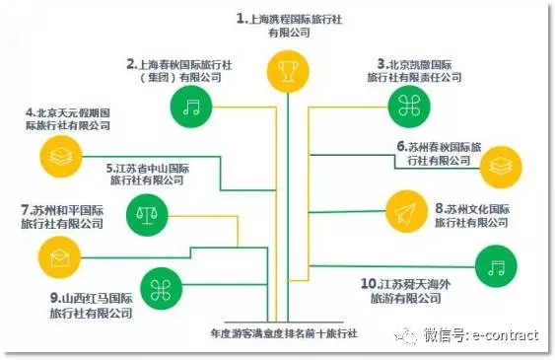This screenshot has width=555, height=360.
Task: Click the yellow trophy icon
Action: pyautogui.click(x=288, y=71)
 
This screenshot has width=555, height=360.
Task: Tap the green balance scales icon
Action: pyautogui.click(x=147, y=215)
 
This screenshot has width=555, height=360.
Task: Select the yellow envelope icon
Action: pyautogui.click(x=59, y=257)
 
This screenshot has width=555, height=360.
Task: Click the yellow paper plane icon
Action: pyautogui.click(x=406, y=212)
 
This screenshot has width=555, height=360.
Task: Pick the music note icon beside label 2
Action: pyautogui.click(x=191, y=107)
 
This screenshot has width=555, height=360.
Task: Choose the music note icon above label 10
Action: pyautogui.click(x=496, y=266)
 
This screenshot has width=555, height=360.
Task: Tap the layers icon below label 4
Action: pyautogui.click(x=61, y=156)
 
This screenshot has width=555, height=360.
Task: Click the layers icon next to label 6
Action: pyautogui.click(x=501, y=167)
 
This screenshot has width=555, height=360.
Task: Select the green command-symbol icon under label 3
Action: pyautogui.click(x=409, y=107)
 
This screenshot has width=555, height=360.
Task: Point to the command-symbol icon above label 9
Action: pyautogui.click(x=161, y=289)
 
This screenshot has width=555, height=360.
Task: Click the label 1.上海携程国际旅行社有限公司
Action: pyautogui.click(x=289, y=25)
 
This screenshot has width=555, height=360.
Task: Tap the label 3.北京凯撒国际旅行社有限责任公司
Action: pyautogui.click(x=414, y=70)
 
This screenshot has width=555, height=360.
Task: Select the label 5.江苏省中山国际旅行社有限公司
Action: pyautogui.click(x=148, y=175)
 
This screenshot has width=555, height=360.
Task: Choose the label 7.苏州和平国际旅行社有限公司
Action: pyautogui.click(x=62, y=217)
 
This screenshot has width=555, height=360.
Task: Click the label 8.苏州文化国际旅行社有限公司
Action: pyautogui.click(x=472, y=215)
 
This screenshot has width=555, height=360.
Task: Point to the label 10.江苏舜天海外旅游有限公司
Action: pyautogui.click(x=405, y=291)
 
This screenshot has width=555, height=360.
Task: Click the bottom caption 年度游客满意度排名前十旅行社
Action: pyautogui.click(x=284, y=333)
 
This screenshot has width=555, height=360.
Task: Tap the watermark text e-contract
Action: pyautogui.click(x=506, y=335)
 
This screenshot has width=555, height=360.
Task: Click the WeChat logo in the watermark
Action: pyautogui.click(x=405, y=335)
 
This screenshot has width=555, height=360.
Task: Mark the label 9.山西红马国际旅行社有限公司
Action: pyautogui.click(x=92, y=305)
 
